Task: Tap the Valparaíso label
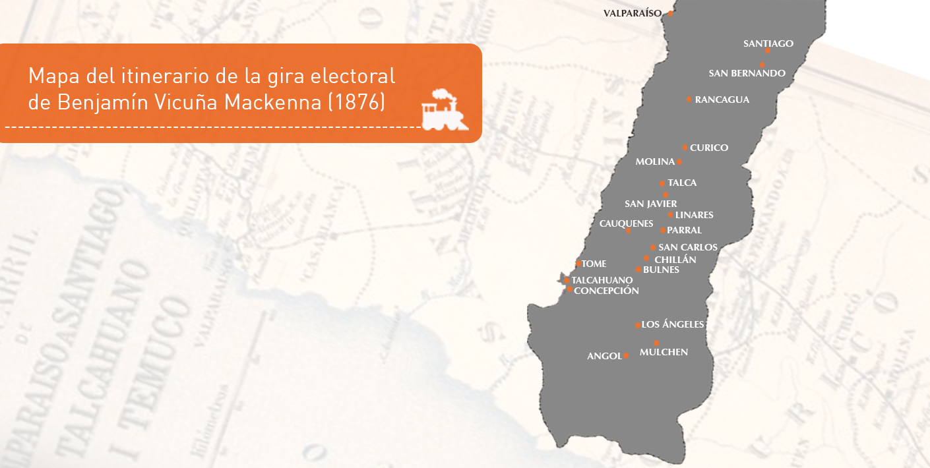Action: (632, 13)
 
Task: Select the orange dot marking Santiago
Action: (767, 50)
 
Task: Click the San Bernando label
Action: (747, 73)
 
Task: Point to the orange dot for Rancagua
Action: (689, 100)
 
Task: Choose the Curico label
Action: (709, 148)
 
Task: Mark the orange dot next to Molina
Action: (679, 161)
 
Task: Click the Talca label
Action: (682, 183)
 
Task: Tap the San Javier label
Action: (650, 204)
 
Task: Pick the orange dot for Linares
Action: (670, 214)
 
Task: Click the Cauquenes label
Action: (626, 223)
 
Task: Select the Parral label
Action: (684, 230)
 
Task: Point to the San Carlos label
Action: (688, 247)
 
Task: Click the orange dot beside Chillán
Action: (646, 258)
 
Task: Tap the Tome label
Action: (594, 264)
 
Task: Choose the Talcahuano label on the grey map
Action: (602, 280)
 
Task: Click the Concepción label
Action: (606, 291)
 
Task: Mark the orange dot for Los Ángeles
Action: (637, 325)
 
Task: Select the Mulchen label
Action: (664, 352)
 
